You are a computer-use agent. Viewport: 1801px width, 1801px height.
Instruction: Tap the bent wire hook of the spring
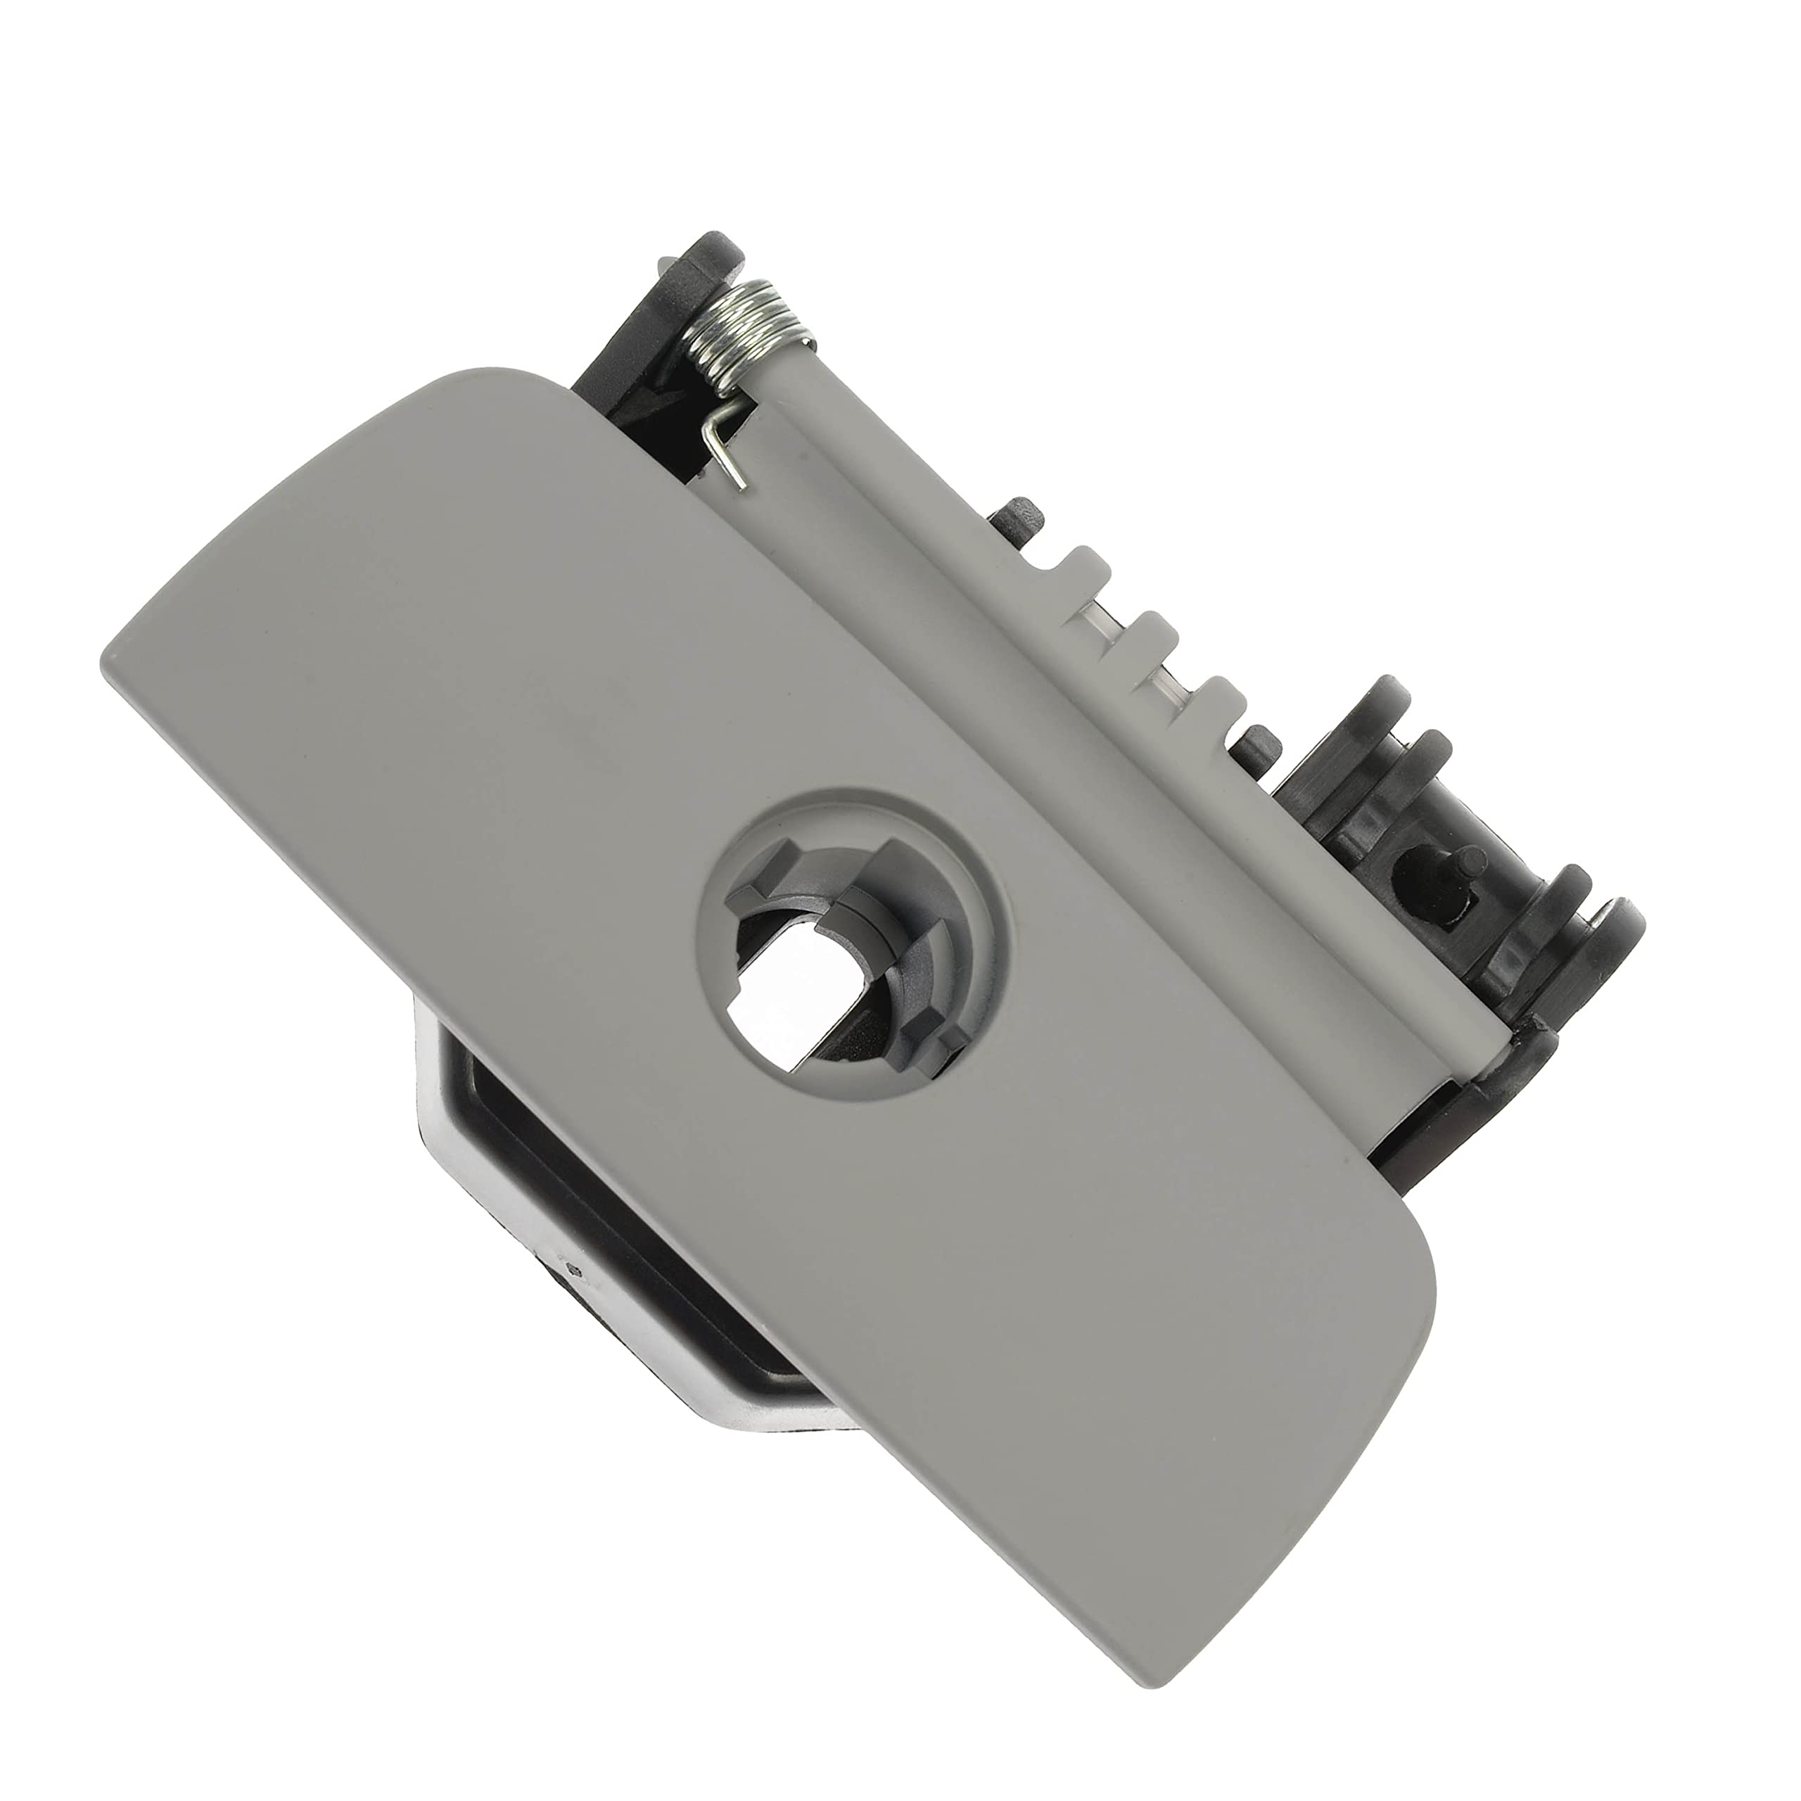(723, 447)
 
